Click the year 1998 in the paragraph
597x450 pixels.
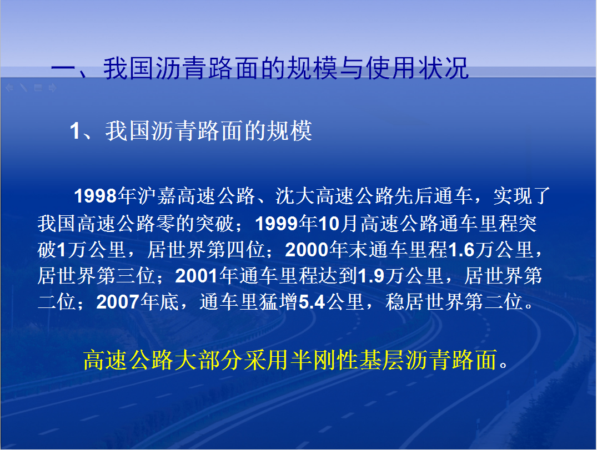coord(96,196)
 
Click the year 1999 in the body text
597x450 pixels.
coord(277,224)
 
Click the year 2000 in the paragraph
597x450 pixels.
coord(307,250)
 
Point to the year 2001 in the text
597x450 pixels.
coord(197,276)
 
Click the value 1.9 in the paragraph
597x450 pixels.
coord(371,276)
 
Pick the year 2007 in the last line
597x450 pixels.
coord(118,302)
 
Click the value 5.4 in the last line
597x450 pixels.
coord(312,302)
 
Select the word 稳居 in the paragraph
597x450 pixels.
coord(405,302)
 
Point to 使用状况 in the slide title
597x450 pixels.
coord(417,68)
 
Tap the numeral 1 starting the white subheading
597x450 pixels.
coord(74,132)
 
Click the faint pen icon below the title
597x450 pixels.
coord(24,88)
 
